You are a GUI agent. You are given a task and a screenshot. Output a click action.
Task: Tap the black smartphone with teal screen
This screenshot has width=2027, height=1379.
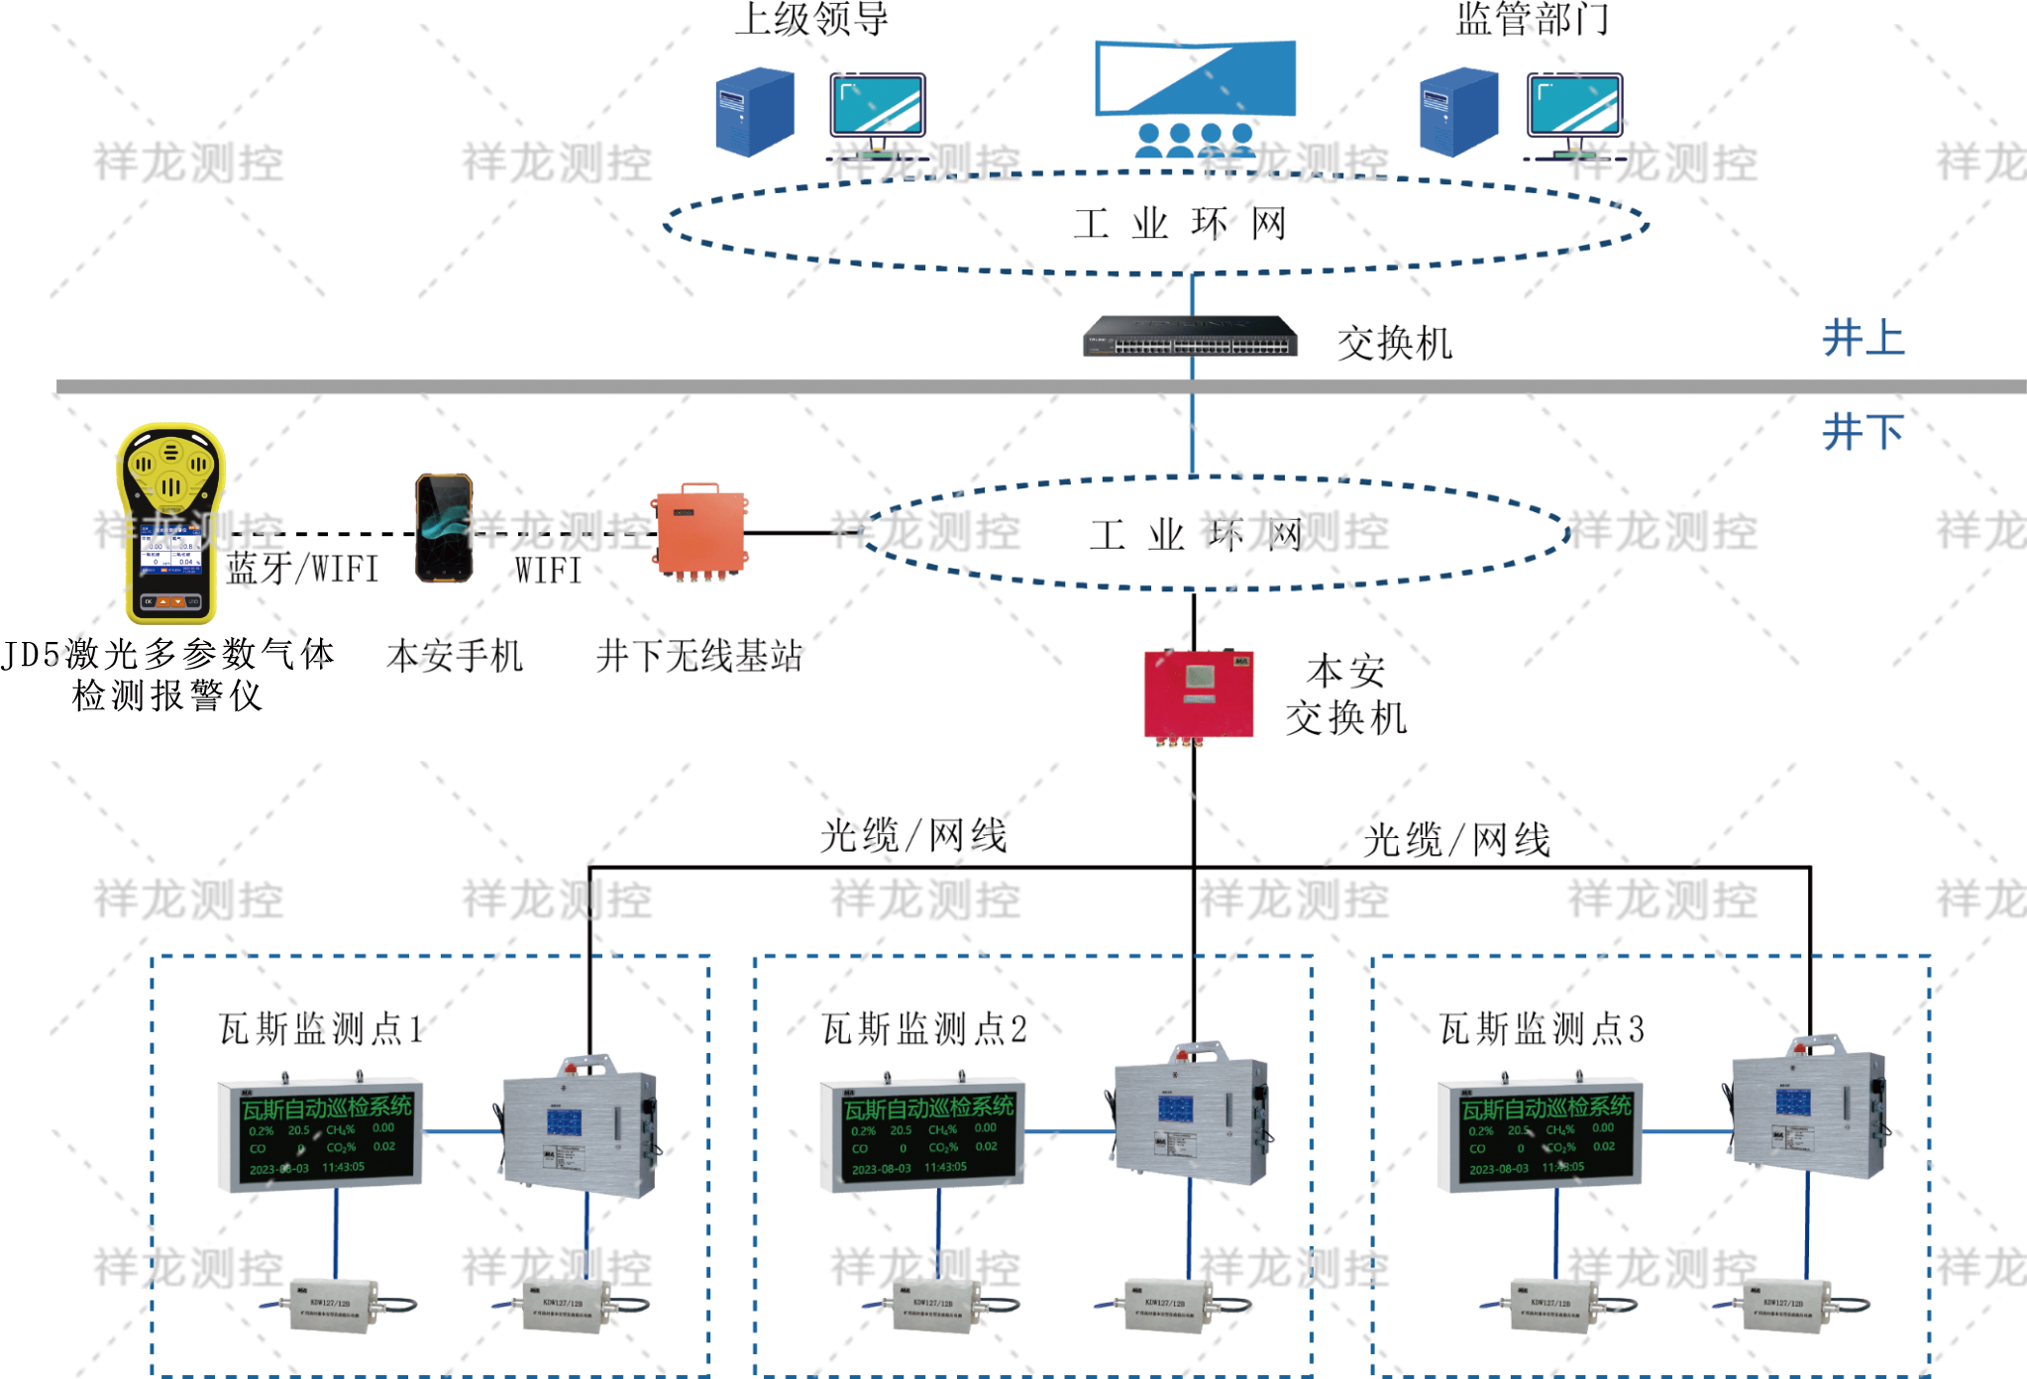click(443, 528)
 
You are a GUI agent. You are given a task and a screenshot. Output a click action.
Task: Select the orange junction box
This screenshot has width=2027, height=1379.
click(699, 531)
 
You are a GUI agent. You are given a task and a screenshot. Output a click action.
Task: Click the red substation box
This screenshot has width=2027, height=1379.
click(1199, 693)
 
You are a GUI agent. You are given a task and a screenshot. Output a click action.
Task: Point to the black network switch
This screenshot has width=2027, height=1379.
click(1190, 337)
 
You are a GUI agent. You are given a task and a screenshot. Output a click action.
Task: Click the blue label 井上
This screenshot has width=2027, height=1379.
click(1863, 339)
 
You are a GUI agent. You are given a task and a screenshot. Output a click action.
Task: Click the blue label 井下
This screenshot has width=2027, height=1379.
click(1863, 433)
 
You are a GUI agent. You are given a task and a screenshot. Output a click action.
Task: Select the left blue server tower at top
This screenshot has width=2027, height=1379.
click(755, 111)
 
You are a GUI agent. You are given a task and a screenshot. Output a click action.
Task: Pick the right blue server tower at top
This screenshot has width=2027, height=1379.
click(1458, 111)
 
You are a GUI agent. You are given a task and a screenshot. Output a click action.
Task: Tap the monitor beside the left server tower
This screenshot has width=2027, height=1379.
click(878, 107)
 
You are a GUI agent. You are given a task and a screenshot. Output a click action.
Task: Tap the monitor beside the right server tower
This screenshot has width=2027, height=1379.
click(1575, 107)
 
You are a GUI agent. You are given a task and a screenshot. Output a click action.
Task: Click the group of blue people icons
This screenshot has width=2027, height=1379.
click(1194, 141)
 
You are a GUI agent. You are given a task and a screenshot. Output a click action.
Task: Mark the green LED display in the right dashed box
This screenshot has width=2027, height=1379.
click(1540, 1132)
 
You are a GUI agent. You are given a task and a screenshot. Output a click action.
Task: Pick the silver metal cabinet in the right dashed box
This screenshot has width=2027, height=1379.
click(1809, 1112)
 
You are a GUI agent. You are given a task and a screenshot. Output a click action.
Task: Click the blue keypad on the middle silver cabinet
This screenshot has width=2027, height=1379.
click(1175, 1108)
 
